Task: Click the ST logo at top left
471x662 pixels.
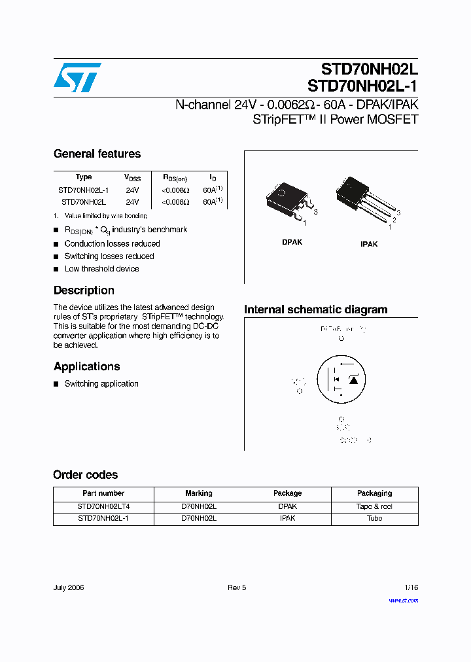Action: (x=77, y=78)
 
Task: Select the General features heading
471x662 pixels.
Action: (x=97, y=154)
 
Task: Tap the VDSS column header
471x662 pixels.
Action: (x=132, y=177)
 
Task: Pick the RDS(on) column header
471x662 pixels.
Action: (x=175, y=177)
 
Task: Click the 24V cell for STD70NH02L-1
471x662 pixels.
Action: (x=132, y=190)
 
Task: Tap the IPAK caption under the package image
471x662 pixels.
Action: (x=369, y=244)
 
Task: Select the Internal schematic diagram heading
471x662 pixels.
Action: (x=315, y=310)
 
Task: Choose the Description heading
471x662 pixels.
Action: (x=84, y=290)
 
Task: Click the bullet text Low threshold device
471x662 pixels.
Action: (x=101, y=269)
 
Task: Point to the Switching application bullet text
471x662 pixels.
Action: (x=101, y=384)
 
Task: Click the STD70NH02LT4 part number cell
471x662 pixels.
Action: (x=103, y=507)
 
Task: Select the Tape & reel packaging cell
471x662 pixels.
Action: (x=374, y=507)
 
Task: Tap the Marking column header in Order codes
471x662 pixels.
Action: (x=199, y=493)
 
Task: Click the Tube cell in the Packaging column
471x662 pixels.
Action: (x=374, y=519)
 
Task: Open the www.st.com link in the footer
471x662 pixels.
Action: (x=403, y=601)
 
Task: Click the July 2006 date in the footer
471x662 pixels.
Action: (x=68, y=588)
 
